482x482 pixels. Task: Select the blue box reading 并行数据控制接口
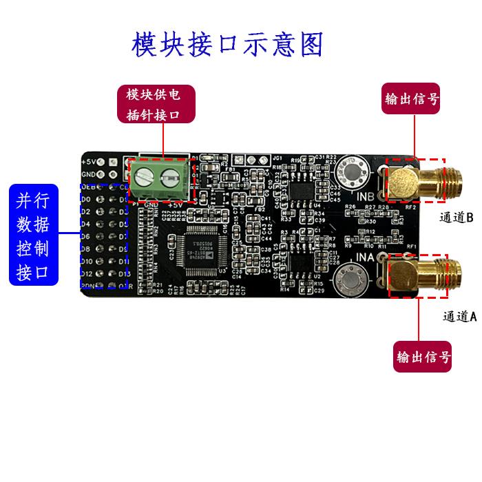pyautogui.click(x=43, y=235)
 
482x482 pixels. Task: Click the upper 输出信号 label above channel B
pyautogui.click(x=411, y=98)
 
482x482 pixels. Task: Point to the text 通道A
pyautogui.click(x=459, y=316)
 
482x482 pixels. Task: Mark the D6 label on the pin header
pyautogui.click(x=87, y=236)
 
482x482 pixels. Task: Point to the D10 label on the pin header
pyautogui.click(x=89, y=261)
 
